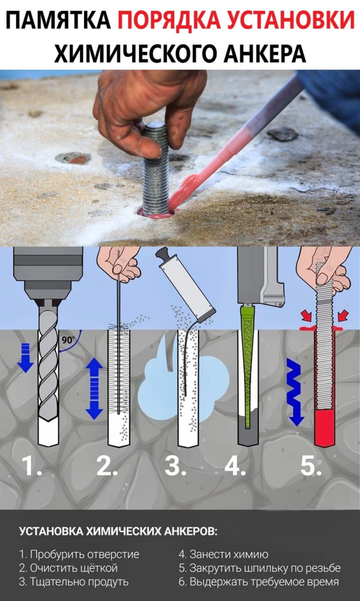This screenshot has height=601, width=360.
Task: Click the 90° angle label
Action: coord(69,340)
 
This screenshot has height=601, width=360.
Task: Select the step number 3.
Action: coord(175,466)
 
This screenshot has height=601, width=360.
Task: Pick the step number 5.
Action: coord(311,466)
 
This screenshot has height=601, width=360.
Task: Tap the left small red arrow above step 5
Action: coord(306,316)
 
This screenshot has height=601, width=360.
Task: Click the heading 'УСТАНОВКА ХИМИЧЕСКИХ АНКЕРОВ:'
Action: coord(118,531)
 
